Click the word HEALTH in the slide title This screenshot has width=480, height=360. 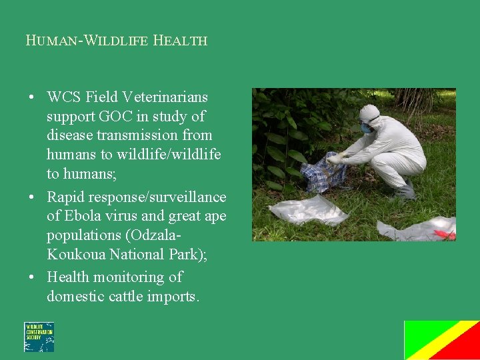(180, 40)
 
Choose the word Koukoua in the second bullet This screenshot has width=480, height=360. (75, 254)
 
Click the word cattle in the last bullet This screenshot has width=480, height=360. (132, 296)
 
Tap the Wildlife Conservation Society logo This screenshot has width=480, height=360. (39, 337)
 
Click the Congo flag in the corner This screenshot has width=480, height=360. (441, 340)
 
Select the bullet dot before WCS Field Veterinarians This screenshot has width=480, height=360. (32, 98)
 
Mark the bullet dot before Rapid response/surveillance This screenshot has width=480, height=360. (32, 197)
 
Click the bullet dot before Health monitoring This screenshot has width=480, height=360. (32, 277)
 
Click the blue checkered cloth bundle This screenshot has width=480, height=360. (323, 172)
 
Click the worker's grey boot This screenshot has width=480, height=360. (405, 191)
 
